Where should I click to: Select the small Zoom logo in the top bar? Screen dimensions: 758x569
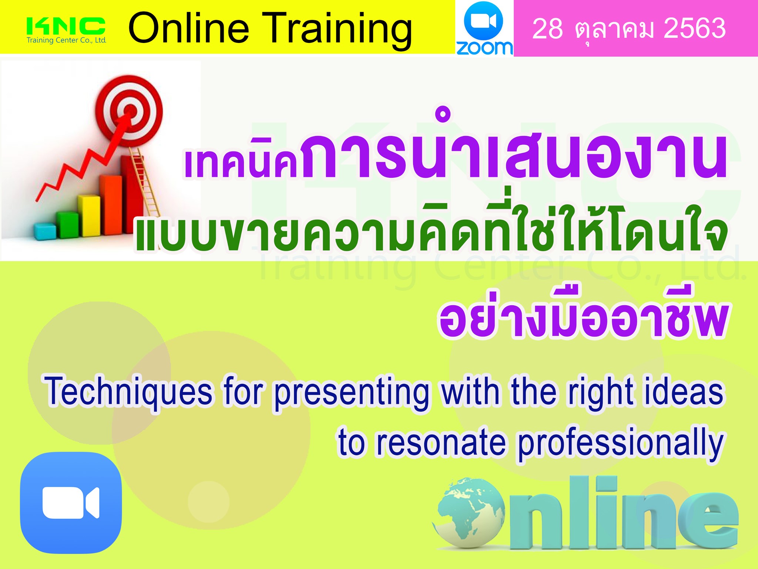point(484,28)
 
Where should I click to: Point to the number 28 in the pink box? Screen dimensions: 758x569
point(547,29)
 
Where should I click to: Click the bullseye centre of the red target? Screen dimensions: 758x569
point(130,110)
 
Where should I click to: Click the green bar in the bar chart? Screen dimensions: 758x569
point(67,224)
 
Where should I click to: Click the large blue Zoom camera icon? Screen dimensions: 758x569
point(71,503)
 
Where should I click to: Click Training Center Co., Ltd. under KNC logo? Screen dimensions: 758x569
point(67,40)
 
